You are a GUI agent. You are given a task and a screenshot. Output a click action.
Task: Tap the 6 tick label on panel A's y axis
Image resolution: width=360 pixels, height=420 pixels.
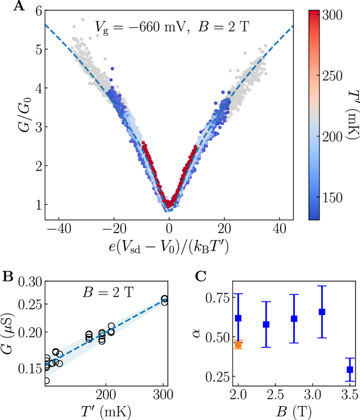[35, 11]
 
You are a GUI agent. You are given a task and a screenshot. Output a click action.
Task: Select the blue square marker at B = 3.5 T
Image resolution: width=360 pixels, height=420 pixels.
[350, 370]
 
